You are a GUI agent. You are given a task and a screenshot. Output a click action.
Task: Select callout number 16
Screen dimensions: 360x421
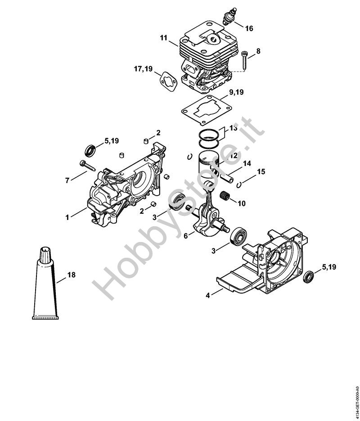[x=249, y=28]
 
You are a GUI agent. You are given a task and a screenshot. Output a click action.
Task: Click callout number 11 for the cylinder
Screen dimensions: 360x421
[x=164, y=38]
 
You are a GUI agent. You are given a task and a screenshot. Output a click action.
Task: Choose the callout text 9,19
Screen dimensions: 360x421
[x=236, y=92]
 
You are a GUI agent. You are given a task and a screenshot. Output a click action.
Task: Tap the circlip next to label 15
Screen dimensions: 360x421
[x=239, y=184]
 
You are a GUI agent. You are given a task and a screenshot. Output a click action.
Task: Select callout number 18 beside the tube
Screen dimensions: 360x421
[x=72, y=275]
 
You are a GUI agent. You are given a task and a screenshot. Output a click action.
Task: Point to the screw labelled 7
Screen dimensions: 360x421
[x=88, y=165]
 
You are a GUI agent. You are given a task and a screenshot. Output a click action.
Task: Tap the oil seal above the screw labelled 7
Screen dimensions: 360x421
[x=90, y=151]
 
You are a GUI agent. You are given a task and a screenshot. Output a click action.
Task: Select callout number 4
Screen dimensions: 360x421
[x=207, y=296]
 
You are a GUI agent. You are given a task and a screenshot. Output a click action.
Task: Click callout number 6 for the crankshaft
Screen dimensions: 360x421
[x=186, y=236]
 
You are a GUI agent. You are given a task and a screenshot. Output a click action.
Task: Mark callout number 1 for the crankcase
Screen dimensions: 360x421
[x=67, y=217]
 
